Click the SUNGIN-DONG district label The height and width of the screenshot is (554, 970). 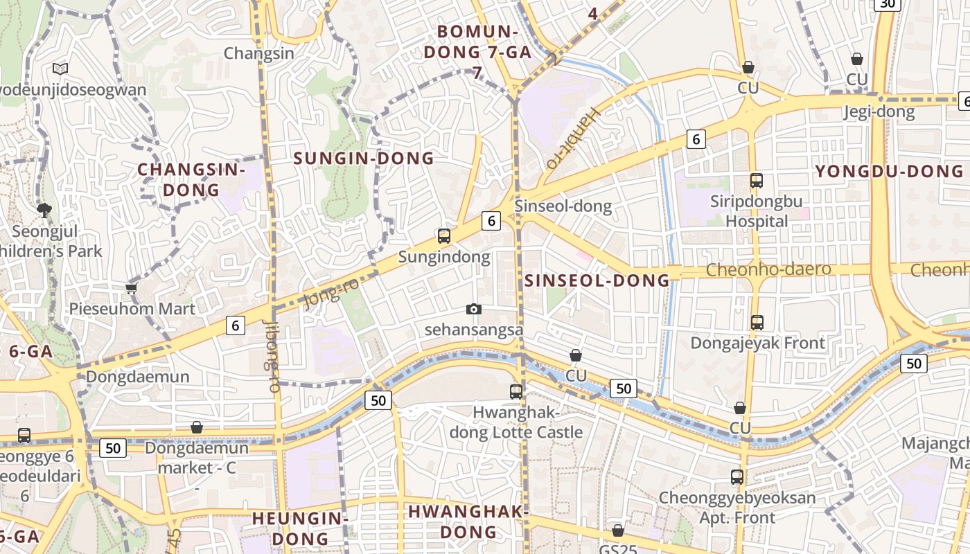(x=364, y=158)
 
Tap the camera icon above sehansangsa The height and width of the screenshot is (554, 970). (x=474, y=309)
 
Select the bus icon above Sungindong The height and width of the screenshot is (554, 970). (x=444, y=235)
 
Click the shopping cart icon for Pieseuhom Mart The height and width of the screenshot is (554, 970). (x=132, y=288)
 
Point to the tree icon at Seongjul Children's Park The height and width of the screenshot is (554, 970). (x=44, y=210)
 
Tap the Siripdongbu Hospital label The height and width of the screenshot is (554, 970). (x=757, y=211)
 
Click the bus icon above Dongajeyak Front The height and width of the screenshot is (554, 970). (x=757, y=322)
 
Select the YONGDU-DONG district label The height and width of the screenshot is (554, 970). (x=889, y=171)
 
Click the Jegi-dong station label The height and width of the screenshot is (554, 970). (x=879, y=111)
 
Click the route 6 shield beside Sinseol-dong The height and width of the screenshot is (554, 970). (x=491, y=221)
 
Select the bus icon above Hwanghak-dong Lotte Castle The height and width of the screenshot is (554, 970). (x=516, y=391)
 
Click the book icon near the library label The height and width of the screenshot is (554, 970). (x=60, y=69)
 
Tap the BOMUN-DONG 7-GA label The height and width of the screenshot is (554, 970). (x=477, y=42)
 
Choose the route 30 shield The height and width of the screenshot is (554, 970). (x=887, y=4)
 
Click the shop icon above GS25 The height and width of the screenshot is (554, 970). (x=618, y=530)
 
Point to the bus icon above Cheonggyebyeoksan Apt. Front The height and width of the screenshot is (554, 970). (x=737, y=476)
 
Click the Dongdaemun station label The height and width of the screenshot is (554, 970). (x=137, y=377)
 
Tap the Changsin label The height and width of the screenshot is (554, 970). (x=259, y=53)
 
